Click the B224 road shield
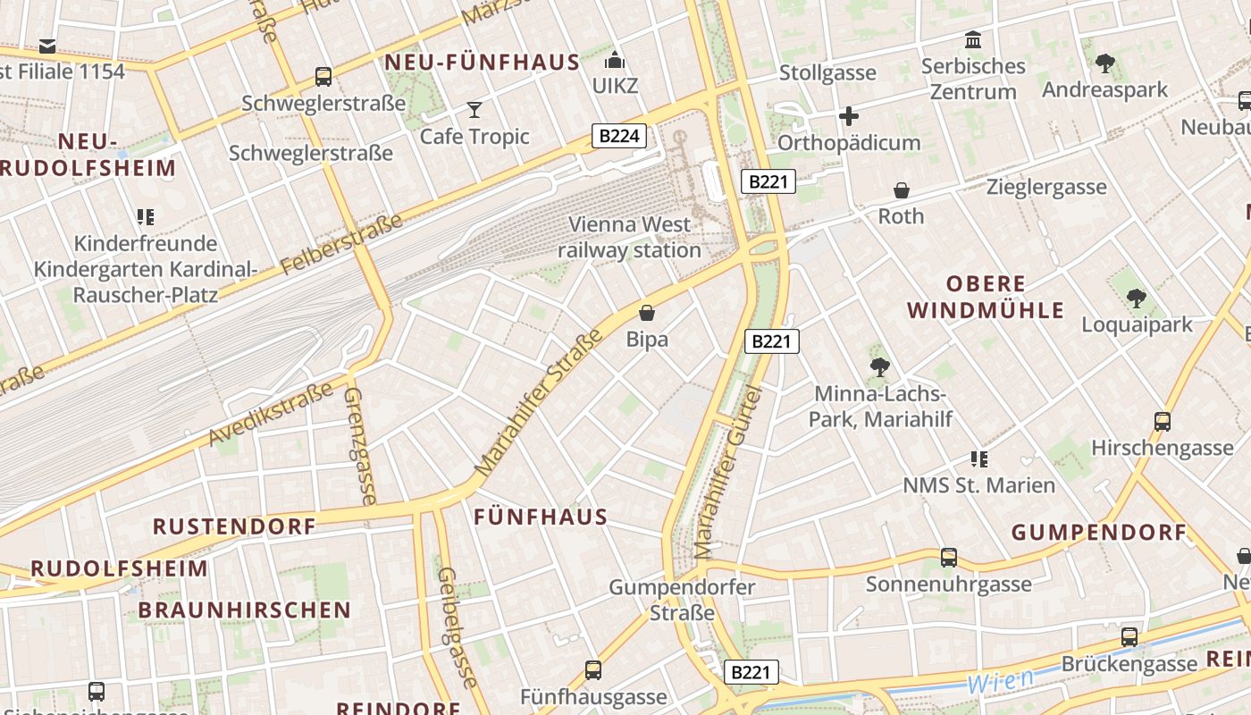(618, 136)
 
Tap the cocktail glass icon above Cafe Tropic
(474, 110)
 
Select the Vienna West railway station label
(629, 238)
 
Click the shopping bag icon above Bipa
(647, 313)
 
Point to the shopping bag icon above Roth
(902, 190)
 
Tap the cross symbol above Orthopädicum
(848, 116)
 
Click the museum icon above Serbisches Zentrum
(973, 40)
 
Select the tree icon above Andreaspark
(1104, 63)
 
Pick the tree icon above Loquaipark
(1136, 298)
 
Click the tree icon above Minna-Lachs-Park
(880, 366)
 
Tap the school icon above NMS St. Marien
(978, 459)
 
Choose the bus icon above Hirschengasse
(1162, 421)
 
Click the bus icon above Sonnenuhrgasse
(948, 558)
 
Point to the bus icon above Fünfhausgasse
(593, 670)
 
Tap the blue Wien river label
(1000, 681)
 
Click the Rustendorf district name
(234, 526)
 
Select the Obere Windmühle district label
(986, 297)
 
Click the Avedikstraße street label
(270, 414)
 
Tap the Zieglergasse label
(1046, 188)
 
